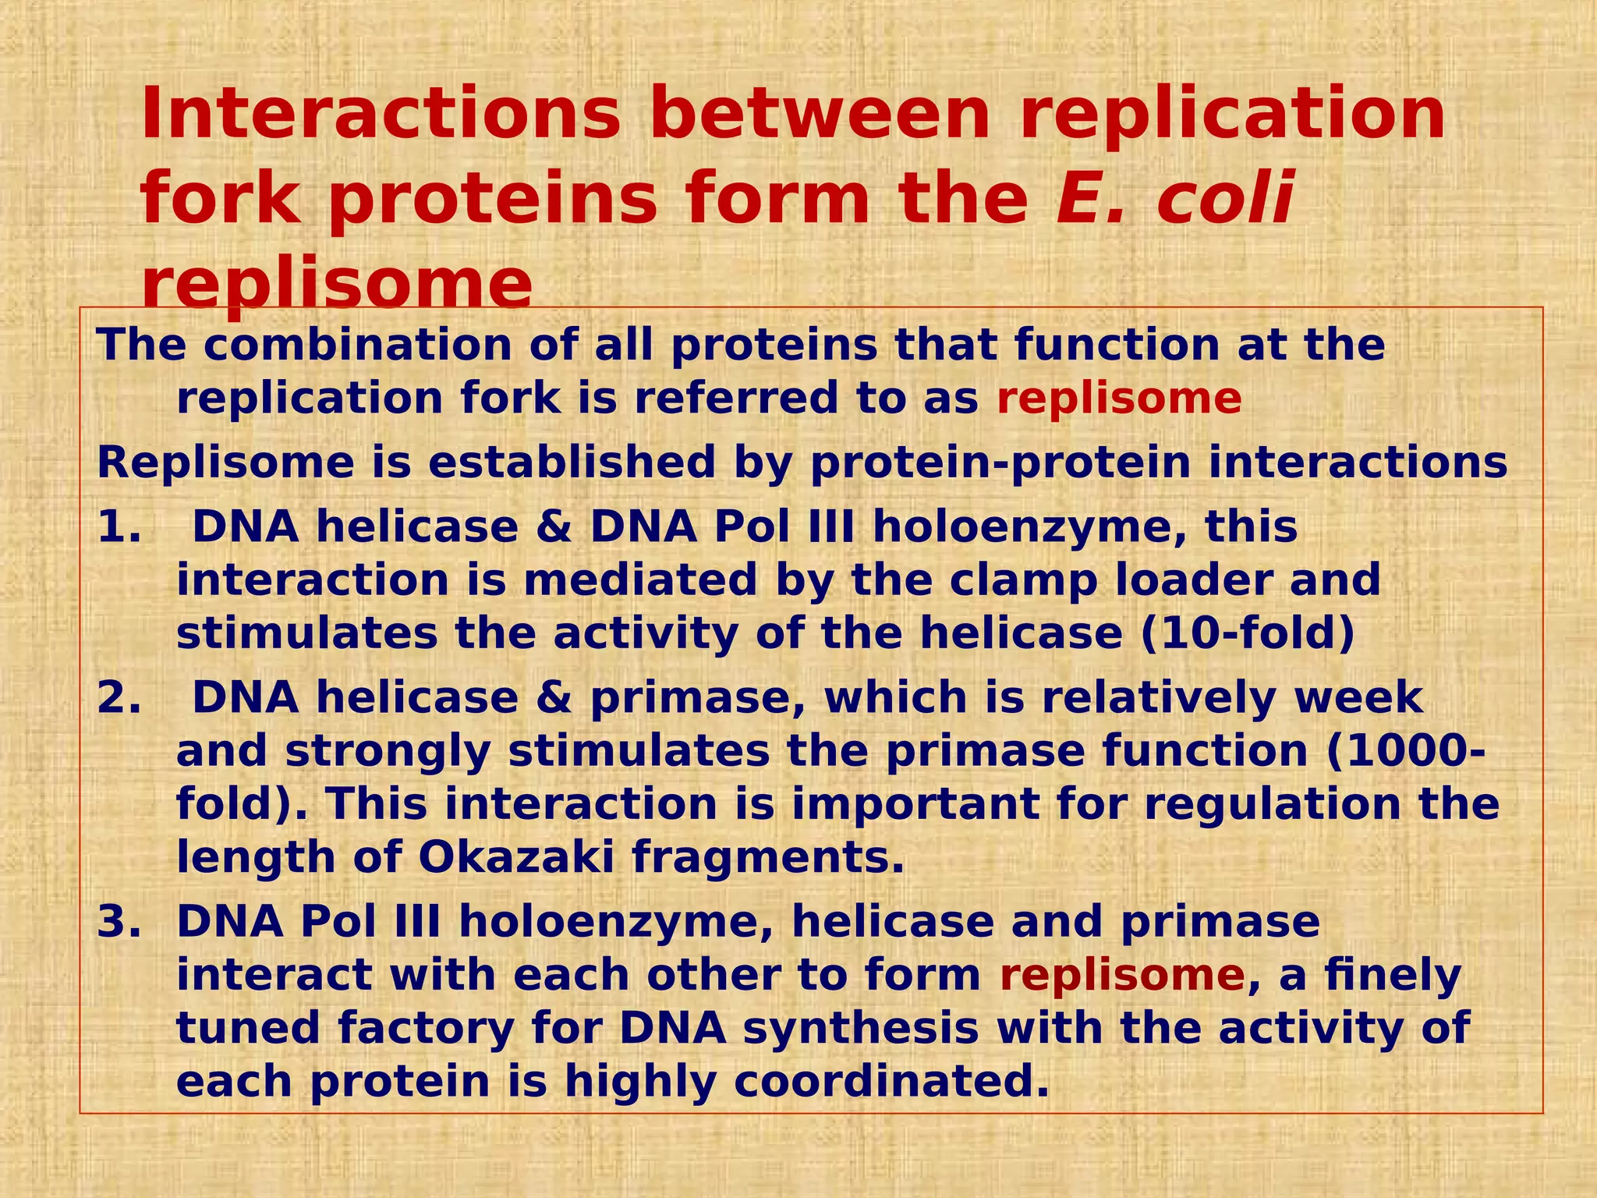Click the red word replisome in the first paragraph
[x=1119, y=399]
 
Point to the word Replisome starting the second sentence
[x=225, y=463]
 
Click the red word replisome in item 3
[x=1122, y=976]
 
